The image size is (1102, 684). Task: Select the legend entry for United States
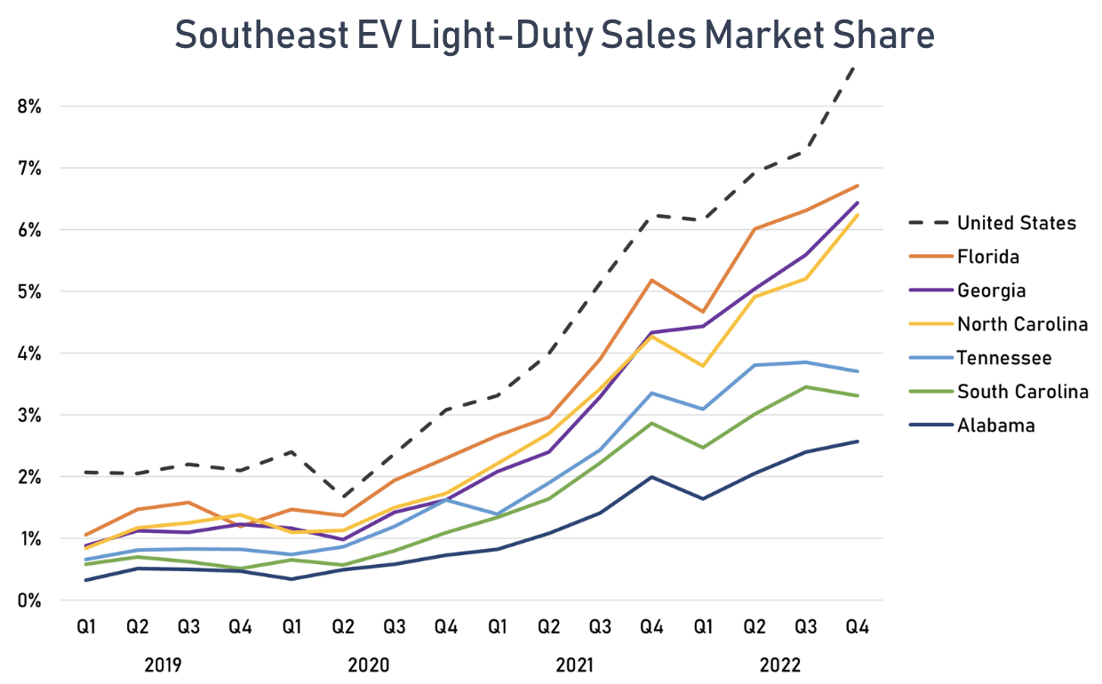coord(1016,223)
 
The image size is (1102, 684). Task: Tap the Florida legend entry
coord(988,257)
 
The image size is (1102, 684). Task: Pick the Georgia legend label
coord(991,290)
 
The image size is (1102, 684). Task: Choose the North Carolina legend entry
coord(1022,324)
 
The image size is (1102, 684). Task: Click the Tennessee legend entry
coord(1004,358)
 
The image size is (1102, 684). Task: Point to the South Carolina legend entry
coord(1022,392)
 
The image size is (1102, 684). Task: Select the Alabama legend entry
coord(995,426)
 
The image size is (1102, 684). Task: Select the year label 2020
coord(368,664)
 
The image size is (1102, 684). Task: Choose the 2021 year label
coord(574,664)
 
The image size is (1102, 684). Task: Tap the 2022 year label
coord(780,664)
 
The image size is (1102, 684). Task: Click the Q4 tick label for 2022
coord(857,627)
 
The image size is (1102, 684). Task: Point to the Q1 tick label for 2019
coord(85,627)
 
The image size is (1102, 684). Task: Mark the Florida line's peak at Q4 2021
coord(651,280)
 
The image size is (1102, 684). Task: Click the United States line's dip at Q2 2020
coord(343,497)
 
